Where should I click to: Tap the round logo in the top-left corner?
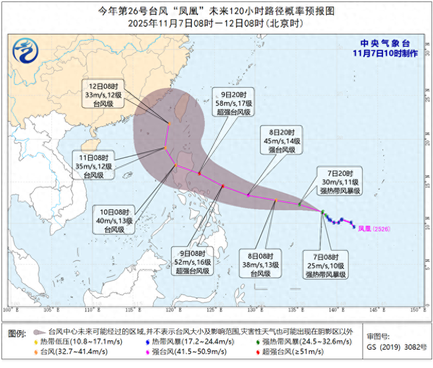[27, 51]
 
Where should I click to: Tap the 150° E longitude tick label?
[413, 310]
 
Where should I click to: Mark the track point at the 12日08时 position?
[169, 122]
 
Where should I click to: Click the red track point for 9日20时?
[200, 173]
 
